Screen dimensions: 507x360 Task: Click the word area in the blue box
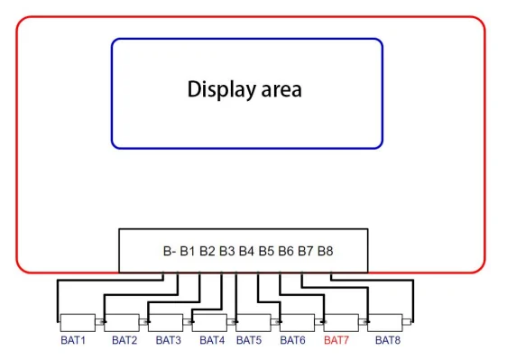coord(281,90)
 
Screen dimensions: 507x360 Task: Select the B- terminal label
coord(170,251)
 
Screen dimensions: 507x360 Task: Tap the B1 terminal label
coord(188,251)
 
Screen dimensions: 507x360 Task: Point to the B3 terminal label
coord(227,251)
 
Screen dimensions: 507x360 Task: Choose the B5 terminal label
coord(266,251)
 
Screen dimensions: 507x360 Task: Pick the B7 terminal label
coord(306,251)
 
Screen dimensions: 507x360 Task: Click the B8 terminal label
coord(326,251)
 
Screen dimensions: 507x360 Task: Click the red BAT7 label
coord(336,340)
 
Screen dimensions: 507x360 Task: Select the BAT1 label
coord(73,340)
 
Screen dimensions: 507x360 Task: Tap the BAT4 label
coord(212,340)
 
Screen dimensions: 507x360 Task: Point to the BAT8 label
coord(388,340)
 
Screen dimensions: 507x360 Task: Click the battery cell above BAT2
coord(122,322)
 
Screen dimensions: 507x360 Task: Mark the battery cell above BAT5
coord(253,322)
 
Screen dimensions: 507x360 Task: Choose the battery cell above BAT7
coord(341,322)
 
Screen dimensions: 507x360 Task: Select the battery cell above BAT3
coord(166,322)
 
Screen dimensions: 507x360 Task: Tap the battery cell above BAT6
coord(297,322)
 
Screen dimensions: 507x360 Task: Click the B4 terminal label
coord(246,251)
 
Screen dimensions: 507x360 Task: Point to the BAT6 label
coord(292,340)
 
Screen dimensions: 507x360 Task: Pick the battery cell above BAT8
coord(385,322)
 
